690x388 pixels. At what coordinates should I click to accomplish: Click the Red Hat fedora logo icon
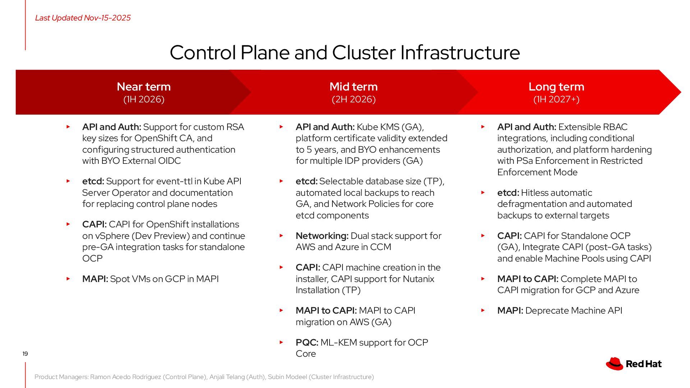click(x=615, y=364)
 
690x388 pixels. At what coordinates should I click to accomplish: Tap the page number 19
click(x=25, y=354)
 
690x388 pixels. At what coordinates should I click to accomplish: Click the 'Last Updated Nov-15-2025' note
click(x=83, y=18)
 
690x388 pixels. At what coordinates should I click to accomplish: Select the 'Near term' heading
click(x=144, y=87)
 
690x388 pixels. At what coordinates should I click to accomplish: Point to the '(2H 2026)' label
click(x=354, y=99)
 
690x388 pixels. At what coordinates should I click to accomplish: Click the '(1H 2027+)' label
click(x=556, y=99)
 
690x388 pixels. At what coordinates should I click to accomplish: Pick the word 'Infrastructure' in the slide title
click(x=460, y=52)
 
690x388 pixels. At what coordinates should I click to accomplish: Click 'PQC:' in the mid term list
click(x=307, y=342)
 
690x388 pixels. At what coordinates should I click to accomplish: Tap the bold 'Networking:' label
click(x=322, y=236)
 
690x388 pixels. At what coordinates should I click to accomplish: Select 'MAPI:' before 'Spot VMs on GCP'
click(x=95, y=279)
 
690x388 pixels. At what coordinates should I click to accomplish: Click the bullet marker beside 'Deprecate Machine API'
click(x=483, y=310)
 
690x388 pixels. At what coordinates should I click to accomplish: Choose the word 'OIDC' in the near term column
click(x=170, y=161)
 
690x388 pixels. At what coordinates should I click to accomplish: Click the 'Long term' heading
click(x=556, y=87)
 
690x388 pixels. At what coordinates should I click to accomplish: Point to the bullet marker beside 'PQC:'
click(x=281, y=342)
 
